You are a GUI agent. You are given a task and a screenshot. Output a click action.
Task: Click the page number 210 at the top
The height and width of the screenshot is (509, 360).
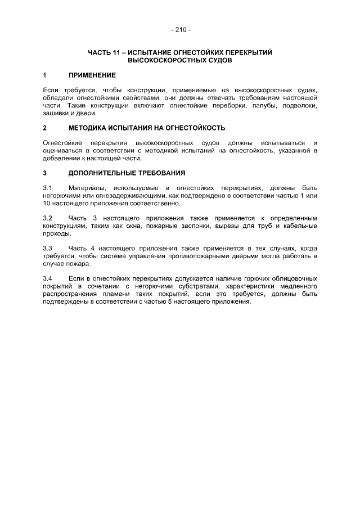click(180, 29)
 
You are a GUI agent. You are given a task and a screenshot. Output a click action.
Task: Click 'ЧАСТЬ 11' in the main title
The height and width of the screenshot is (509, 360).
click(102, 52)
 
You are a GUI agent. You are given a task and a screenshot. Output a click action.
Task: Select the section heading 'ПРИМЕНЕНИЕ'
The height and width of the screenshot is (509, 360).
click(92, 75)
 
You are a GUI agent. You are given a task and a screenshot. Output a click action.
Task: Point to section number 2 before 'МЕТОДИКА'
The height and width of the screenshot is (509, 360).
click(44, 128)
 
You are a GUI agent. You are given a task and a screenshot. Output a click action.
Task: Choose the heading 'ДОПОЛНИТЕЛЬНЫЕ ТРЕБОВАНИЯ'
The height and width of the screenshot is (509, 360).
click(127, 173)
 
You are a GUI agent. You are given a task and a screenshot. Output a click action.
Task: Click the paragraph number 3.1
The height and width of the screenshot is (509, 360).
click(48, 187)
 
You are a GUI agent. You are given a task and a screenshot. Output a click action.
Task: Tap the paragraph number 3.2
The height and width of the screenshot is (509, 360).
click(48, 218)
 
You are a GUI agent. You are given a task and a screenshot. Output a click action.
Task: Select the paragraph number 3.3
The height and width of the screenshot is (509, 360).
click(48, 248)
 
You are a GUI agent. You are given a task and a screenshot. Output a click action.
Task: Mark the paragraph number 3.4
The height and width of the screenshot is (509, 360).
click(48, 278)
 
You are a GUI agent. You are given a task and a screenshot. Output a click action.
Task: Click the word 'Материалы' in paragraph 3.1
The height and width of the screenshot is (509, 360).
click(86, 187)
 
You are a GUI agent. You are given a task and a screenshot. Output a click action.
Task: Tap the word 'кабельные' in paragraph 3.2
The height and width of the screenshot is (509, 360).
click(300, 226)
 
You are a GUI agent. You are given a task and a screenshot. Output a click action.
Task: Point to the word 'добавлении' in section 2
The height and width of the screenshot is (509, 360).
click(60, 158)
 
